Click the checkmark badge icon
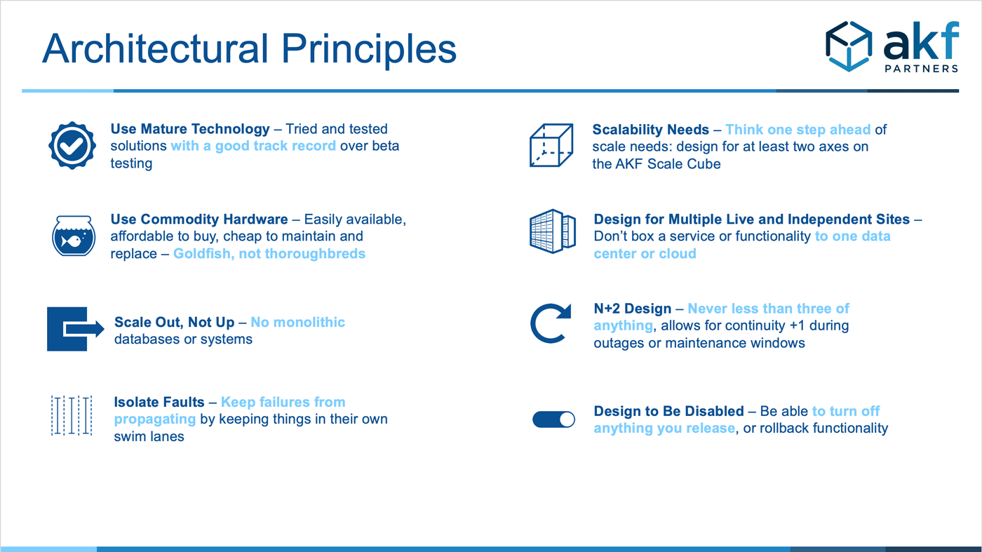click(x=72, y=146)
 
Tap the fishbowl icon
click(x=74, y=236)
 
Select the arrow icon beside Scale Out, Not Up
click(x=76, y=329)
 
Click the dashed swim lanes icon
click(x=72, y=416)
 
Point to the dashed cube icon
click(x=551, y=145)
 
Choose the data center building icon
click(x=553, y=231)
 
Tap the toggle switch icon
click(x=553, y=419)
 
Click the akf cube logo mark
click(x=849, y=46)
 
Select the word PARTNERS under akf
click(x=922, y=69)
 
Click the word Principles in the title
click(x=369, y=49)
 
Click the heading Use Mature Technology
click(x=190, y=129)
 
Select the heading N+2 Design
click(x=632, y=308)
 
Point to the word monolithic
click(x=309, y=322)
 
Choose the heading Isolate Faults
click(x=159, y=402)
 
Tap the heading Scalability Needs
click(x=651, y=129)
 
